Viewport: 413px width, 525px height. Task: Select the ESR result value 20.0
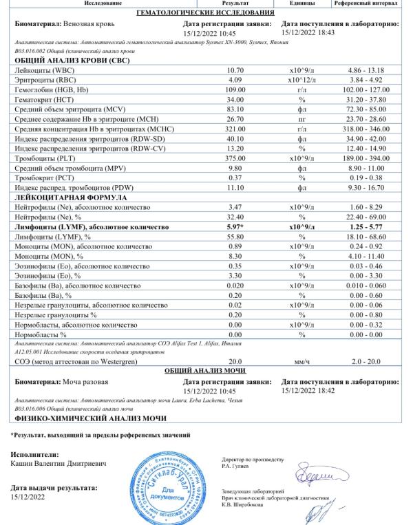(x=235, y=361)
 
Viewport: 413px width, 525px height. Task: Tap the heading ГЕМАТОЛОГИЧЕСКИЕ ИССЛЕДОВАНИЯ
(x=206, y=13)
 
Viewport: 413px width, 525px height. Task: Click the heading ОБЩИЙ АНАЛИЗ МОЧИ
(x=206, y=371)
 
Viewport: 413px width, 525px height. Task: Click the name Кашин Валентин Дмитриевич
(x=59, y=464)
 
